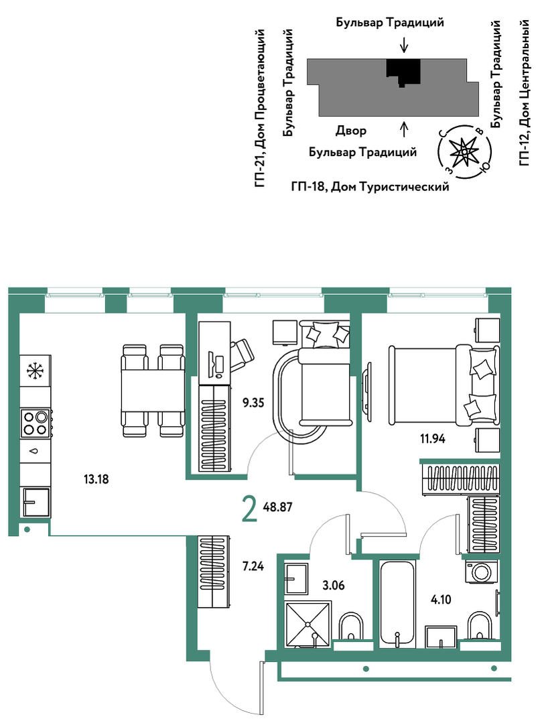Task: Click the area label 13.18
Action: point(96,479)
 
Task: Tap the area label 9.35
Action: point(253,403)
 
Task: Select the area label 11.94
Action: point(432,438)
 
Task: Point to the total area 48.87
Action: point(277,507)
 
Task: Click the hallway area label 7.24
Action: point(253,566)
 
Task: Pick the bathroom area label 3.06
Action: point(333,586)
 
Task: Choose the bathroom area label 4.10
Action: point(441,600)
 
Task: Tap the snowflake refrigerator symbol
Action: point(35,371)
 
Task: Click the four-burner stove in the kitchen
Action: point(36,423)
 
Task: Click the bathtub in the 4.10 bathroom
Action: point(397,604)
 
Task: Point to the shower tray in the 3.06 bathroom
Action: point(308,624)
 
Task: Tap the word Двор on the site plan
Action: point(351,131)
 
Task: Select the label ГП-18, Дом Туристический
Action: point(370,187)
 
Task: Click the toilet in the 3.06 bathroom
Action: point(351,627)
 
